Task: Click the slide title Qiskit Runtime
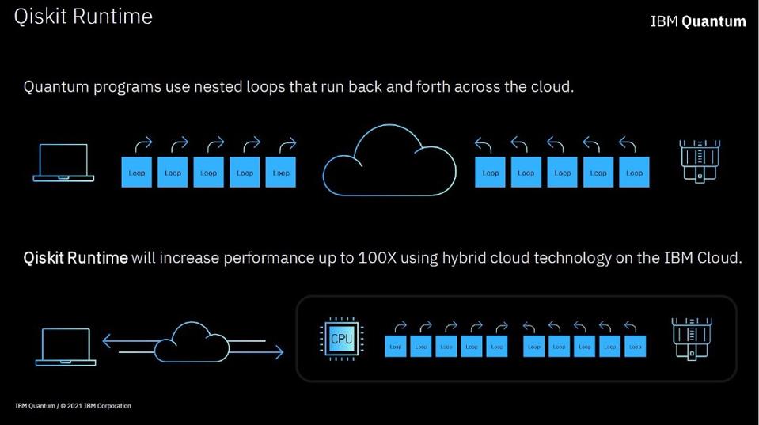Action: click(x=83, y=17)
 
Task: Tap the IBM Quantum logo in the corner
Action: click(x=697, y=21)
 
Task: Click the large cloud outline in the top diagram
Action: click(x=389, y=162)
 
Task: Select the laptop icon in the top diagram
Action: click(x=63, y=163)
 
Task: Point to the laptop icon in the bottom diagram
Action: click(x=66, y=347)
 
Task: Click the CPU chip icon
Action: click(x=341, y=339)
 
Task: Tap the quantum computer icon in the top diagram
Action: click(x=699, y=161)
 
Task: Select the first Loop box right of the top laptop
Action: click(x=136, y=173)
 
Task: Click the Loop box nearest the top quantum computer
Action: click(x=634, y=173)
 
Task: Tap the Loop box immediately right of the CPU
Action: click(x=396, y=346)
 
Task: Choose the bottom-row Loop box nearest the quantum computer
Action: click(x=635, y=346)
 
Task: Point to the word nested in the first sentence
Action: click(x=228, y=86)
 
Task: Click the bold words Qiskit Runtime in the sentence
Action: click(x=75, y=258)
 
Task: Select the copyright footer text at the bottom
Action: click(x=73, y=406)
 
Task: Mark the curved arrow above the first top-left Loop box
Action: click(x=143, y=144)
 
